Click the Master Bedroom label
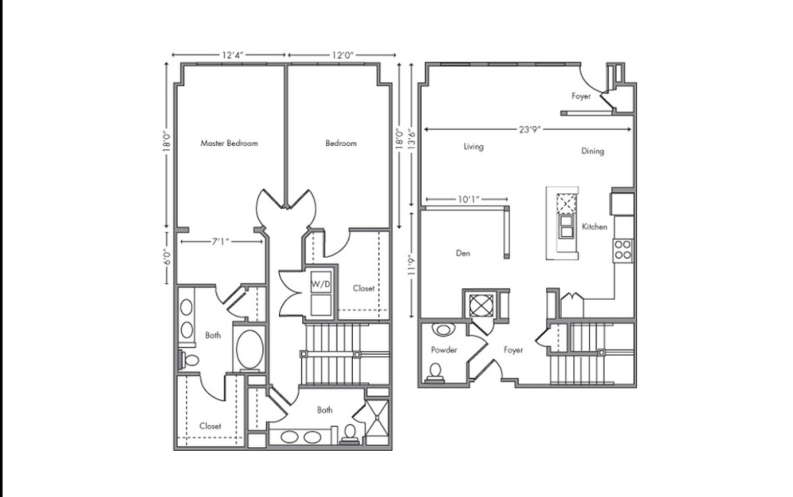230,144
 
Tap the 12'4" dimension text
233,55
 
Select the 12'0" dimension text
342,55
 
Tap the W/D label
320,283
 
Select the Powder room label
444,349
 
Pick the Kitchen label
594,227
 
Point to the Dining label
593,151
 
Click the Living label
474,147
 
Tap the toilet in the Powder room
435,371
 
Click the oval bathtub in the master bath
252,349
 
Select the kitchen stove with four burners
624,251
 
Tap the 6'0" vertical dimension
167,256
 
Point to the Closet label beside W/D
364,289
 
